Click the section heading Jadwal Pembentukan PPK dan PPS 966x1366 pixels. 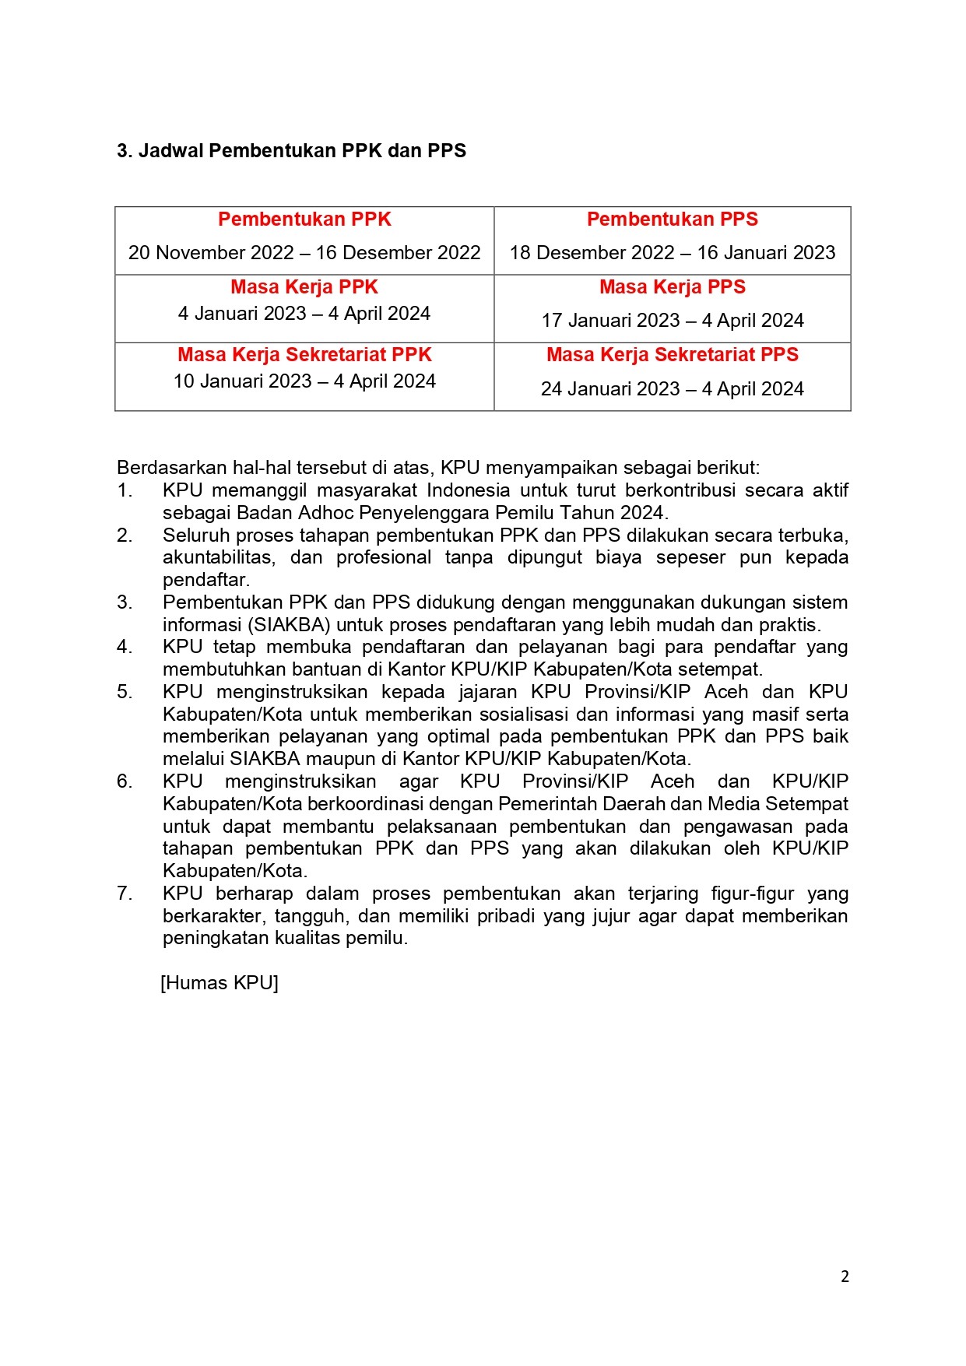click(x=291, y=151)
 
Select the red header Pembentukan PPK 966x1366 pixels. click(x=304, y=219)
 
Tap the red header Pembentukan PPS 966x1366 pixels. click(x=673, y=219)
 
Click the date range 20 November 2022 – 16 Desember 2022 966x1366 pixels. click(x=304, y=253)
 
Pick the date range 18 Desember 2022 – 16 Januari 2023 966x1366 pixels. click(x=673, y=253)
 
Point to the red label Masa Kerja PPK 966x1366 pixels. click(x=304, y=287)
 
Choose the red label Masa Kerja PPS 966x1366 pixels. click(x=673, y=287)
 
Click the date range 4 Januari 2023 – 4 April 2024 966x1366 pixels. click(x=304, y=314)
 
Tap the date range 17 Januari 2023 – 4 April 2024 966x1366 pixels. click(x=673, y=321)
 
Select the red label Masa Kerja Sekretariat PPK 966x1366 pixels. click(x=304, y=355)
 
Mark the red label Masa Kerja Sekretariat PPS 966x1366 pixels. click(x=673, y=355)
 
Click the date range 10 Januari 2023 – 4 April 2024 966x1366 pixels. click(x=304, y=381)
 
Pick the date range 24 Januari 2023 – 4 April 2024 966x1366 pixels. click(x=673, y=389)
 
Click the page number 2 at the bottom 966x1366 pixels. click(x=845, y=1276)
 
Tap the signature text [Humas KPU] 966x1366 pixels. click(x=220, y=983)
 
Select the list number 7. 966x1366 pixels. click(x=125, y=894)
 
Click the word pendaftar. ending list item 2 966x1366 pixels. click(x=206, y=580)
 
